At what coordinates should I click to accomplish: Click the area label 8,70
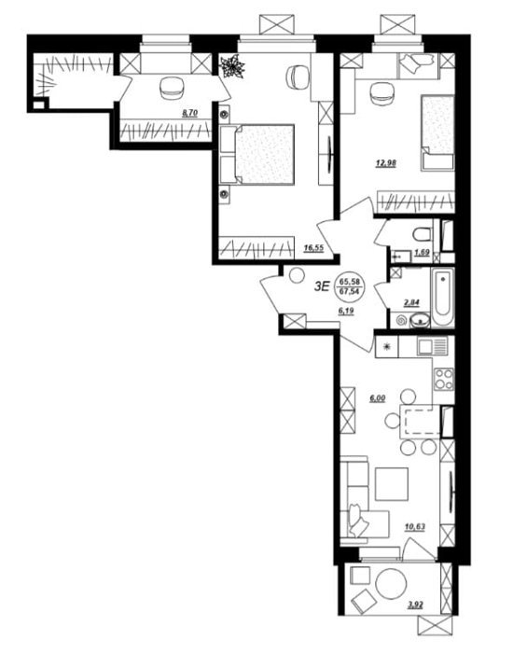pyautogui.click(x=189, y=113)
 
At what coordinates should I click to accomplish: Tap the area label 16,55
pyautogui.click(x=313, y=248)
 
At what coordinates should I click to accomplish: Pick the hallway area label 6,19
pyautogui.click(x=346, y=311)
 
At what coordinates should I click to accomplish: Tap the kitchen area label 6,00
pyautogui.click(x=378, y=398)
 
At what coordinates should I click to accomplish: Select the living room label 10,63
pyautogui.click(x=415, y=527)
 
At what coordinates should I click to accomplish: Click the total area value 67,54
pyautogui.click(x=349, y=291)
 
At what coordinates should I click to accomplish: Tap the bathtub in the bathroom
pyautogui.click(x=443, y=297)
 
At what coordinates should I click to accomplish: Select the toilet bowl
pyautogui.click(x=423, y=234)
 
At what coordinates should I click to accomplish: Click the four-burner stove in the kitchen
pyautogui.click(x=443, y=380)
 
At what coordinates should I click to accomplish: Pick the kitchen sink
pyautogui.click(x=432, y=346)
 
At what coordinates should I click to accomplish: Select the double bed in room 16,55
pyautogui.click(x=256, y=154)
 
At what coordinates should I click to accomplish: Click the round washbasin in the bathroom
pyautogui.click(x=422, y=321)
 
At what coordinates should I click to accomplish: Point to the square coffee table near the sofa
pyautogui.click(x=392, y=483)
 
